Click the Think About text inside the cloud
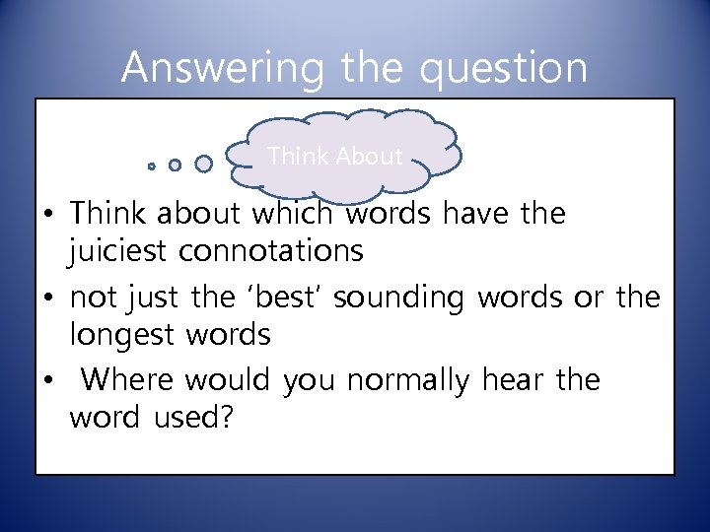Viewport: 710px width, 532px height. (334, 156)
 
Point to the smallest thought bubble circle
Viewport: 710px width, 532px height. (152, 166)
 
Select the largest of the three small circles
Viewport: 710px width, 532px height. (204, 164)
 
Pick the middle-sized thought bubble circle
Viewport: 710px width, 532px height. (175, 166)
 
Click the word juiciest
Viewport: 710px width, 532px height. (117, 251)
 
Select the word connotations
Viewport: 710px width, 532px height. (270, 251)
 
